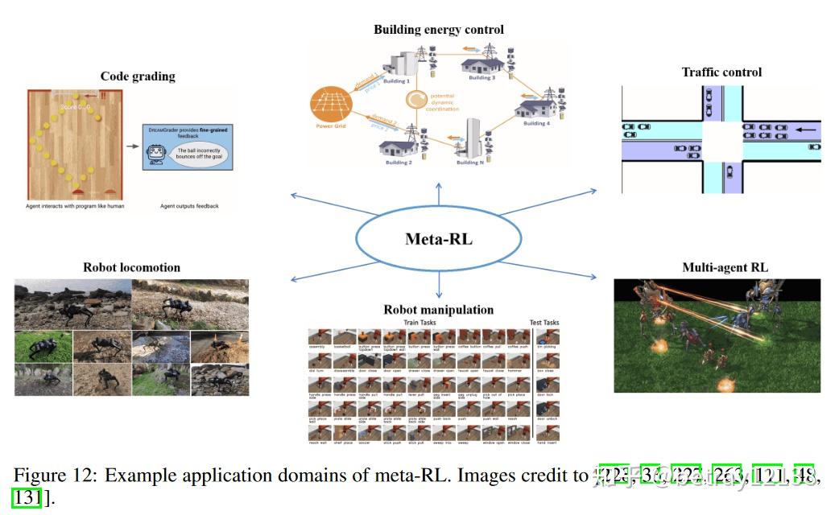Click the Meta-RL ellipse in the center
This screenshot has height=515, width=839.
coord(439,239)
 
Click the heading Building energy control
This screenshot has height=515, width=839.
coord(439,30)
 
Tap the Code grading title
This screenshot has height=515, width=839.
coord(138,76)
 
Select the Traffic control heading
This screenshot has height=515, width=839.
coord(721,72)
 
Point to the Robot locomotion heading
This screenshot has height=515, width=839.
coord(131,267)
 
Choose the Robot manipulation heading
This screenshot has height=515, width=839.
coord(439,310)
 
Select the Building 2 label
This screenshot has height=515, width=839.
coord(399,163)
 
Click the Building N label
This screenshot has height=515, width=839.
coord(470,163)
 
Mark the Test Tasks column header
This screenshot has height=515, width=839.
coord(544,323)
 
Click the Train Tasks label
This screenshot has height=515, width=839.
coord(420,323)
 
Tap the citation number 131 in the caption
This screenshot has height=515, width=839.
coord(27,497)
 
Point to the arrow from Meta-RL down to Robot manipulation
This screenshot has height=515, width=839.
coord(439,285)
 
